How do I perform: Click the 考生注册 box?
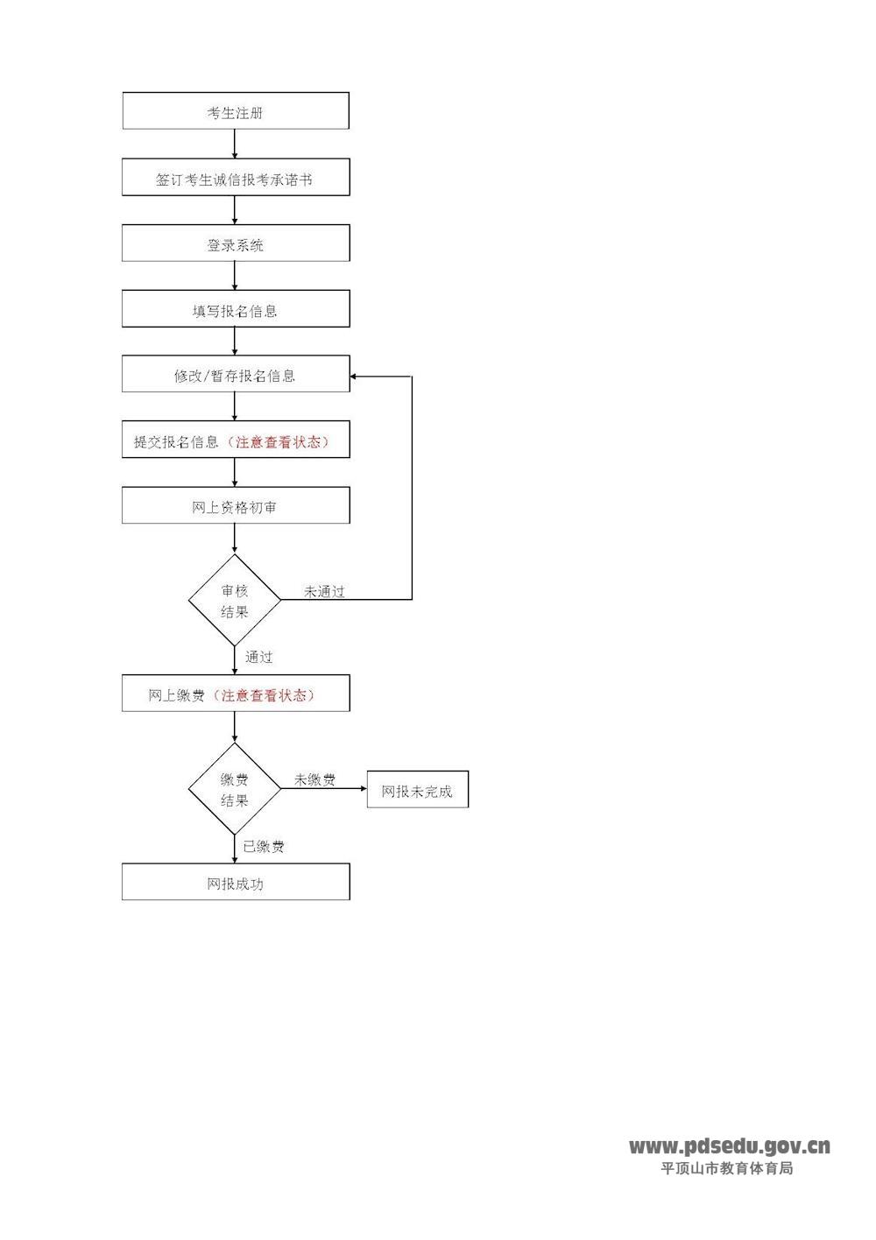tap(235, 111)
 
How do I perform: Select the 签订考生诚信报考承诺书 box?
tap(235, 178)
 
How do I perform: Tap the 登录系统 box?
tap(235, 243)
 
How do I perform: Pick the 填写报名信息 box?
tap(235, 310)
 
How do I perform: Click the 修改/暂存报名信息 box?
tap(235, 375)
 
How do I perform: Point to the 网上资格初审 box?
tap(235, 506)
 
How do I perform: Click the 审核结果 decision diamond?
tap(235, 601)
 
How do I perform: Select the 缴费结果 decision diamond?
tap(235, 789)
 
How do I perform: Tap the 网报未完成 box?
tap(417, 790)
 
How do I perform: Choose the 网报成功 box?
tap(235, 882)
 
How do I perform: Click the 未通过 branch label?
tap(324, 592)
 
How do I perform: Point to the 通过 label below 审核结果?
tap(258, 657)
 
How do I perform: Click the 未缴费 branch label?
tap(314, 779)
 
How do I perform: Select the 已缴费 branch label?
tap(263, 846)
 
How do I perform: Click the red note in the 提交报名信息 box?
tap(278, 441)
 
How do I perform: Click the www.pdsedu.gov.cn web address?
tap(729, 1146)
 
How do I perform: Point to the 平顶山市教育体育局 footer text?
tap(726, 1168)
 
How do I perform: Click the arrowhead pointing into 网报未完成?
tap(363, 789)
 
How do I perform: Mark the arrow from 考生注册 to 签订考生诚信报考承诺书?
tap(235, 144)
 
